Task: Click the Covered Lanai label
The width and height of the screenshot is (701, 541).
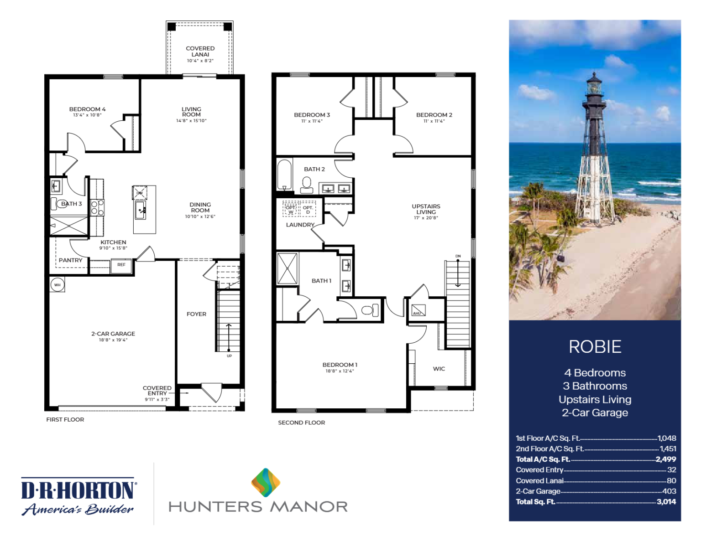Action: [200, 51]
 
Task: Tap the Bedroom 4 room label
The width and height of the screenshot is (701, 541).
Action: [87, 109]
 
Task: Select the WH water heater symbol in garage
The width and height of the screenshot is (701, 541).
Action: [58, 285]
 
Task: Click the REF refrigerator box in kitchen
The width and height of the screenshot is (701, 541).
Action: [121, 265]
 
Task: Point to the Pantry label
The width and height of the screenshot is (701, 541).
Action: [71, 260]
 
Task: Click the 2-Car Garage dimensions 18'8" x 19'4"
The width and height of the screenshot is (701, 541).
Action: [113, 340]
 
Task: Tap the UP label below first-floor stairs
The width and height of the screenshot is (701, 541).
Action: [229, 356]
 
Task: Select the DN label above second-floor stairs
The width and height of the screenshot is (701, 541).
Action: [458, 256]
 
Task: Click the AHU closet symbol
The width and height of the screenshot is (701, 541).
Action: [418, 310]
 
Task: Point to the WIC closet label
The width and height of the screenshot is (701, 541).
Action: [439, 369]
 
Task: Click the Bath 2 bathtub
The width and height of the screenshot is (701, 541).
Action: [284, 175]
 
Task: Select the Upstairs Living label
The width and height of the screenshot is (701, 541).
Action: [426, 209]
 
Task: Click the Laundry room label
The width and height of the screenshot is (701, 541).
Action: [300, 225]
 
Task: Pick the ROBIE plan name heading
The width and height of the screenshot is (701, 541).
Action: [595, 347]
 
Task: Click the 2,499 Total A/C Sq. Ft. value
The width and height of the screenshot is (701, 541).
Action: [666, 459]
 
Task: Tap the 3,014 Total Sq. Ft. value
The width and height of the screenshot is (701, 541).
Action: [666, 502]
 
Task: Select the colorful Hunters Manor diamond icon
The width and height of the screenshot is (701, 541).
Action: [266, 482]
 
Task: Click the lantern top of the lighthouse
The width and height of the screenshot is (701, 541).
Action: [594, 84]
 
